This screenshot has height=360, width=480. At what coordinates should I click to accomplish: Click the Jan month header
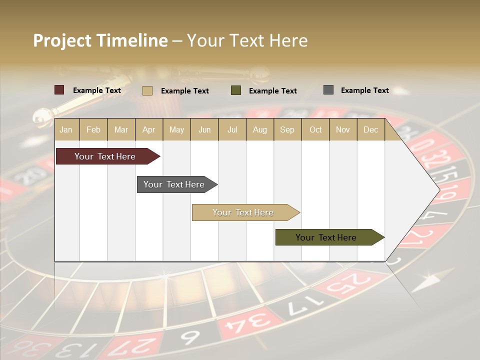66,130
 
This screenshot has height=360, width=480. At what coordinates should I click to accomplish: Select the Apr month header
149,130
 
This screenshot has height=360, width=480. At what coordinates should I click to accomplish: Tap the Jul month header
232,130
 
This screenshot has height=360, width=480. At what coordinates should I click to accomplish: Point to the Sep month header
287,130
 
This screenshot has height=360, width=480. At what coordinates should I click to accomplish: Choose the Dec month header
370,130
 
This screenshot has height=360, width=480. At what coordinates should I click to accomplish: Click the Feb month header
93,130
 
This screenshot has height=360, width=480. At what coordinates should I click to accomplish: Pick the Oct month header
315,130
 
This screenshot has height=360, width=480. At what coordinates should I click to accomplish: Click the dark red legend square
59,90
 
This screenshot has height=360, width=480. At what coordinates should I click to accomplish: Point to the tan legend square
147,90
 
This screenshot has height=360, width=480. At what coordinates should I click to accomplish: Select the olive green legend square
236,90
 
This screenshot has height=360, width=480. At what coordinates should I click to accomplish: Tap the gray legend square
328,90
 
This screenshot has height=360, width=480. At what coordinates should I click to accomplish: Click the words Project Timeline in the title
100,40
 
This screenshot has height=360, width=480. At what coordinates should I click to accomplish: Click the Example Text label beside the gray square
364,90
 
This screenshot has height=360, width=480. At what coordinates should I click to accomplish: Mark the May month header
176,130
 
